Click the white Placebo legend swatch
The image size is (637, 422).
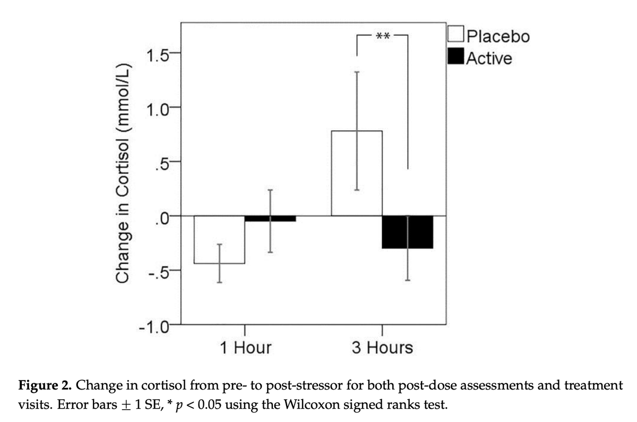(x=456, y=35)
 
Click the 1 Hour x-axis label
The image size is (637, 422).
(x=245, y=348)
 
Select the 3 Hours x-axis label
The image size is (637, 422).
(x=382, y=348)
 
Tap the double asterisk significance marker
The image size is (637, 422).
(x=382, y=37)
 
